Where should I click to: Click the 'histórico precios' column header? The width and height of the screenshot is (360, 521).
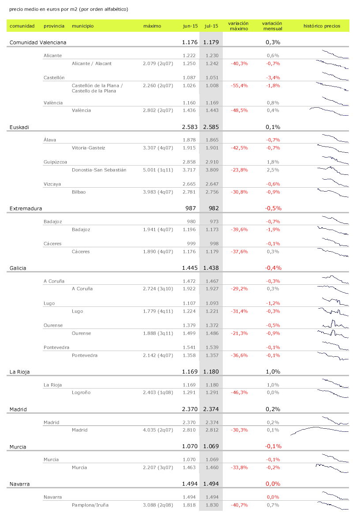coord(322,26)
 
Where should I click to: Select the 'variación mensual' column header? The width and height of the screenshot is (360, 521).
coord(272,26)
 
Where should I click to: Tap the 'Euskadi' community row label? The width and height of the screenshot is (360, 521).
coord(19,127)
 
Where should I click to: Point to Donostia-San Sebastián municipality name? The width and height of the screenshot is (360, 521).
coord(99,170)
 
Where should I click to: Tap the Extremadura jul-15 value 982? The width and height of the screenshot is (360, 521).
coord(211,208)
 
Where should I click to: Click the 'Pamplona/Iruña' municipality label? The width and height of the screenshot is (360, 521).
coord(90,505)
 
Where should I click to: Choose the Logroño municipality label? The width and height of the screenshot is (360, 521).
coord(81,393)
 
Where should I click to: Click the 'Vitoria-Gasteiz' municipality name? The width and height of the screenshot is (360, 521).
coord(89,148)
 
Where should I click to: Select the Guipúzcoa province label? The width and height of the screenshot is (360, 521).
coord(55,162)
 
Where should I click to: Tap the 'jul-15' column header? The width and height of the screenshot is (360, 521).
coord(211,26)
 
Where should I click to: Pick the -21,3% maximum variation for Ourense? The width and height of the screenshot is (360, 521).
coord(239,333)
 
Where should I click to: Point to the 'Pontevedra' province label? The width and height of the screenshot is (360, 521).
coord(56,347)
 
